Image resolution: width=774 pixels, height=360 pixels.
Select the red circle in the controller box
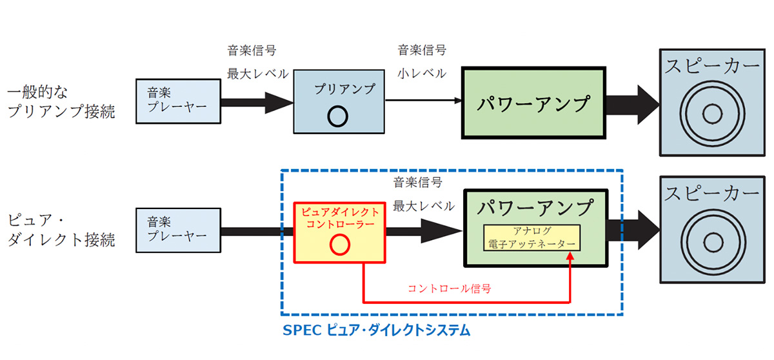click(339, 245)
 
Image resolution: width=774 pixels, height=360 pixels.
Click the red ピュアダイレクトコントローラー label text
click(341, 217)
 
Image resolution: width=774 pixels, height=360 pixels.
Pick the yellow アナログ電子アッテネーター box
click(533, 237)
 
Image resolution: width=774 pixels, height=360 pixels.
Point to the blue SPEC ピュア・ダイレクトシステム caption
click(377, 330)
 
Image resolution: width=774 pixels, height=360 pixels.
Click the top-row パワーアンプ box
click(534, 102)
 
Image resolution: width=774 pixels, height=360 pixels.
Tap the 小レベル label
click(422, 73)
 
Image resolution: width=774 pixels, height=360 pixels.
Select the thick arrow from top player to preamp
click(257, 102)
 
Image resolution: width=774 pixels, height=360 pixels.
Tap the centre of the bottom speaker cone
click(712, 243)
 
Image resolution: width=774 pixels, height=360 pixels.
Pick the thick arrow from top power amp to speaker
click(632, 102)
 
